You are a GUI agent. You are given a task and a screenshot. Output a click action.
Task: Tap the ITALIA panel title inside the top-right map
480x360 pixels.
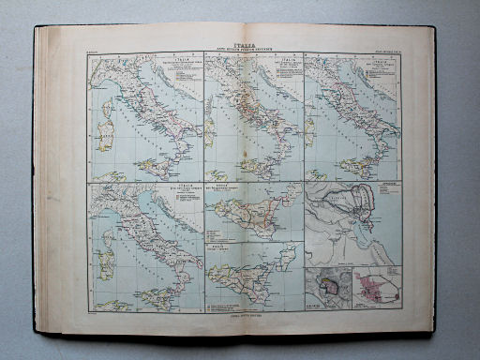[x=383, y=62]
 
